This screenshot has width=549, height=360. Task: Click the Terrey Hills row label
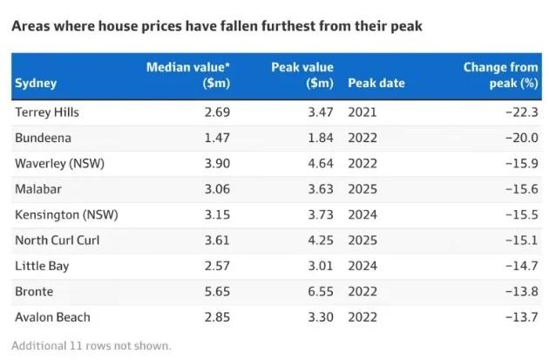(x=47, y=112)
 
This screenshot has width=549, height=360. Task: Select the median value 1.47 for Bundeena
(x=217, y=138)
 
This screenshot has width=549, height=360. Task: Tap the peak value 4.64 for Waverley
(x=321, y=164)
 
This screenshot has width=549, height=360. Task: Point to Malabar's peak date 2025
(x=363, y=189)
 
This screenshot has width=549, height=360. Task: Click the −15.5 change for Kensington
(x=522, y=214)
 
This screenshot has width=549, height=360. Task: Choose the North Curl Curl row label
(x=58, y=241)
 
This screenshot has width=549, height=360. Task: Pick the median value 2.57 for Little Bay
(x=217, y=266)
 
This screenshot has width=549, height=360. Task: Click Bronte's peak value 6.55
(x=321, y=291)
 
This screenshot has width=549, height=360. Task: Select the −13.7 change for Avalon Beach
(x=522, y=317)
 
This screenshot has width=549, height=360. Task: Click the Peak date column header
(x=376, y=83)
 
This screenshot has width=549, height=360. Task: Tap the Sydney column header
(x=36, y=84)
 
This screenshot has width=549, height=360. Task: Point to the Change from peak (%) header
(x=501, y=75)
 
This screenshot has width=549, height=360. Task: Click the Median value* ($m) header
(x=188, y=75)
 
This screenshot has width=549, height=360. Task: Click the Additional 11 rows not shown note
(x=91, y=346)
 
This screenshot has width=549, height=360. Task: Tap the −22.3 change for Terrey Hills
(x=522, y=112)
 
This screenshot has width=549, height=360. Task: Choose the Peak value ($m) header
(x=302, y=75)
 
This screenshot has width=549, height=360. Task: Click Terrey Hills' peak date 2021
(x=363, y=112)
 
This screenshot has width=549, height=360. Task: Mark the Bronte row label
(x=34, y=291)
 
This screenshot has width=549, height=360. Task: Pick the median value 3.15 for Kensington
(x=217, y=214)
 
